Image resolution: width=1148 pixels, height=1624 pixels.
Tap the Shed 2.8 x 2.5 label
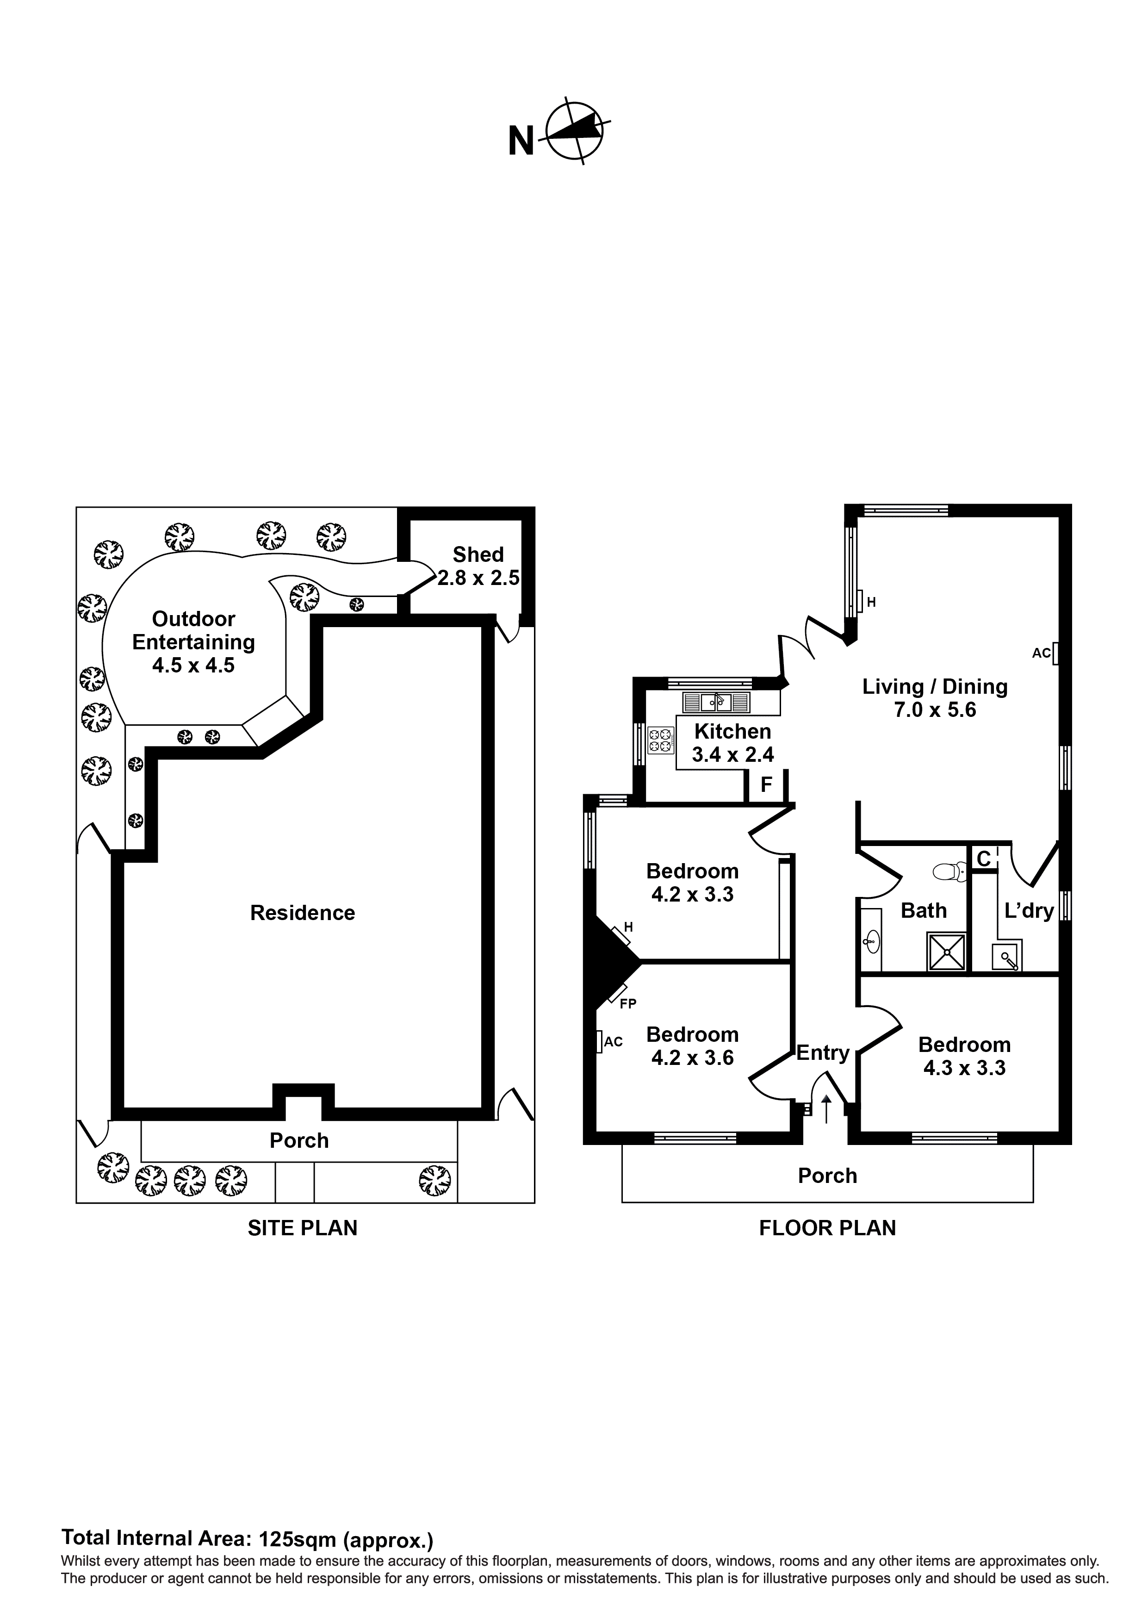478,566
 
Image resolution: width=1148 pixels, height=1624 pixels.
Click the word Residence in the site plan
302,913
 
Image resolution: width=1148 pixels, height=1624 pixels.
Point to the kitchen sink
716,703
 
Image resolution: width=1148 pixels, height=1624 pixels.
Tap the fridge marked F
766,785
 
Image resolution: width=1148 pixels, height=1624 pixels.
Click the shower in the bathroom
946,952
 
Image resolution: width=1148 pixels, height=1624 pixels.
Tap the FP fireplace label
627,1003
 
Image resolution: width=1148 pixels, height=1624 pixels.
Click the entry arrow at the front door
826,1109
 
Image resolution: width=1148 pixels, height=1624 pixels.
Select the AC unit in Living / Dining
1055,653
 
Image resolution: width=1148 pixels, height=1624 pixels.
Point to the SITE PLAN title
302,1228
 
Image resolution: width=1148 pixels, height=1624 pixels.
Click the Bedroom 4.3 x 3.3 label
964,1056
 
